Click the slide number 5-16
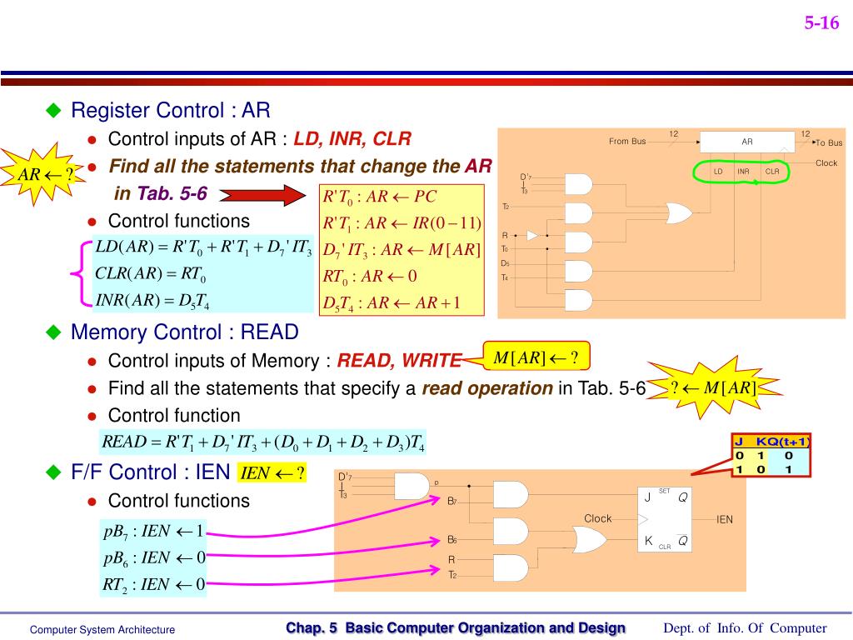821,23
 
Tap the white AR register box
746,142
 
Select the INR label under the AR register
743,172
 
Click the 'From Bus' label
626,141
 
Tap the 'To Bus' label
828,142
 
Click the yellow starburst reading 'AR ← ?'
41,174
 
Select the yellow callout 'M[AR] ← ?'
536,358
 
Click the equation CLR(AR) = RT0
150,273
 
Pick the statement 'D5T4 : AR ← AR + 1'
392,302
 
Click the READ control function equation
262,442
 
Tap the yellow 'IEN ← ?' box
272,473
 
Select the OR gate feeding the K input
587,540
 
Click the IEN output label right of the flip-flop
725,519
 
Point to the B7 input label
451,501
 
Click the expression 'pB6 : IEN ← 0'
153,557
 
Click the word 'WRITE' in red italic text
431,360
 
